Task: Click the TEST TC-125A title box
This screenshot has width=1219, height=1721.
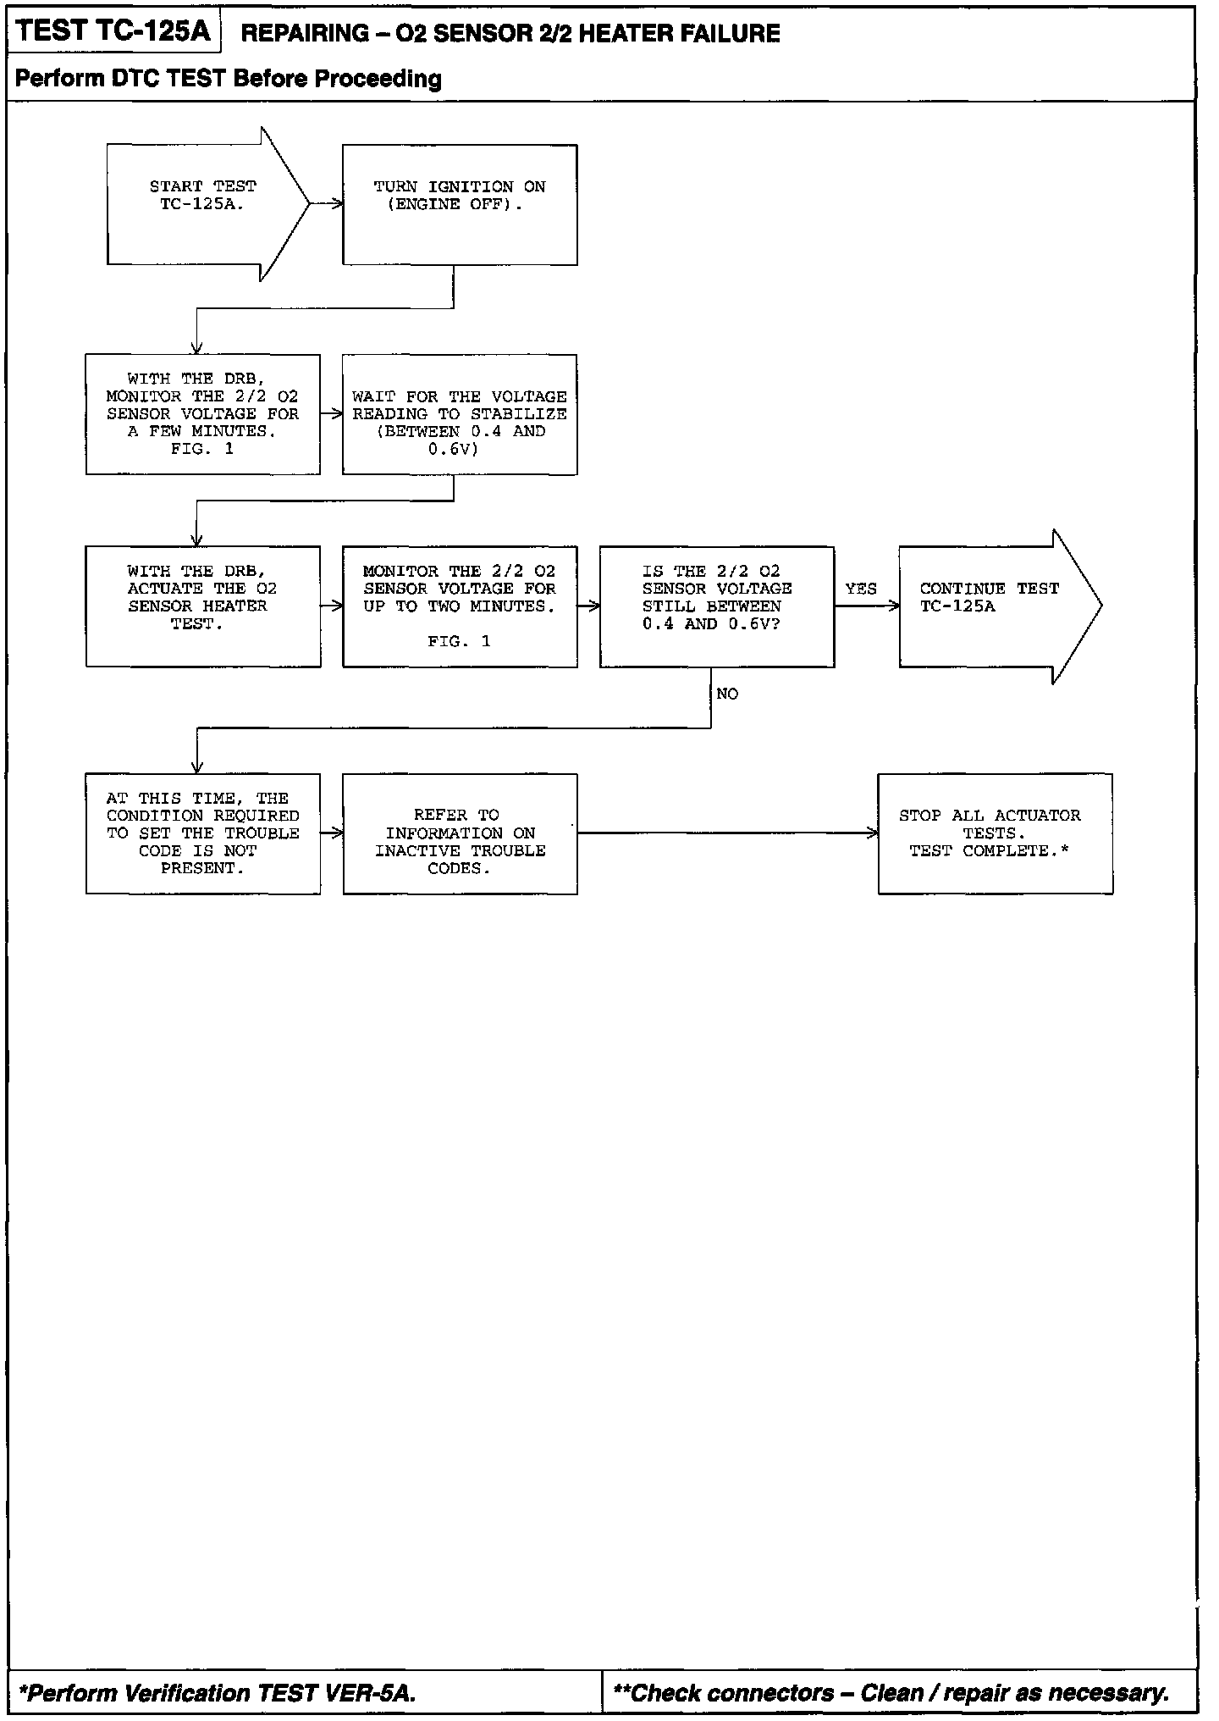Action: (113, 31)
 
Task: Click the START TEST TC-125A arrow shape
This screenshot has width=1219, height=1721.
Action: (203, 203)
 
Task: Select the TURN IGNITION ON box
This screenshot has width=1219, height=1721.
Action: (460, 204)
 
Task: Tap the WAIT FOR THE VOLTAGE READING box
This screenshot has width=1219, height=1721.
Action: (460, 414)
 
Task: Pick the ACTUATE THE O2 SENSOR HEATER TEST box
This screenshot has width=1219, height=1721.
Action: (203, 606)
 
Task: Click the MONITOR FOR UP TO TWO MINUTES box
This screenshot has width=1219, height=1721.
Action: (460, 606)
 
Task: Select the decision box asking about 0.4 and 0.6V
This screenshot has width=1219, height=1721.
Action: (717, 606)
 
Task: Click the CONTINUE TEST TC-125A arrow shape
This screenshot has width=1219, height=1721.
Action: (990, 606)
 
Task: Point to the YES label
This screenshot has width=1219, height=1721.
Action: (861, 589)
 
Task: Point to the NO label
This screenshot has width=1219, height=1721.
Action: (727, 694)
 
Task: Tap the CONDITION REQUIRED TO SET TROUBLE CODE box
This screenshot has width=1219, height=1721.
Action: (203, 833)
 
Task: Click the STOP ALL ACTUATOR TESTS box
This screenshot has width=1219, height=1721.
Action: (995, 833)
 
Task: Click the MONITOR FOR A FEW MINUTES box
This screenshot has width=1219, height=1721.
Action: (203, 414)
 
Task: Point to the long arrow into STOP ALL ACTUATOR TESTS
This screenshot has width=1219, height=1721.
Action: (728, 833)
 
